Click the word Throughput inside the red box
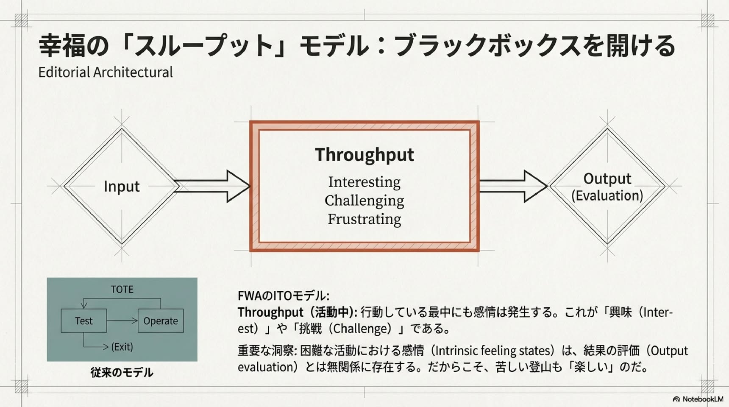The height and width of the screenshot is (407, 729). [x=364, y=155]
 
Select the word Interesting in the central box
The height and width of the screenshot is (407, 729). [x=364, y=182]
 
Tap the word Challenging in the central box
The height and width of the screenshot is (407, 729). [x=364, y=201]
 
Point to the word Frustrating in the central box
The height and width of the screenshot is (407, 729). [x=364, y=220]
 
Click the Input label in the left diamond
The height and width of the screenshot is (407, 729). [x=122, y=187]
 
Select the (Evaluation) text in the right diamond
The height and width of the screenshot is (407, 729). [x=607, y=196]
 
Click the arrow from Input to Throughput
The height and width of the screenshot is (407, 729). [x=212, y=186]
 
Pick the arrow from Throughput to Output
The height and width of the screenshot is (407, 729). [x=513, y=186]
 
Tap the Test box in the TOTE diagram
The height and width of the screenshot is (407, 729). [x=84, y=321]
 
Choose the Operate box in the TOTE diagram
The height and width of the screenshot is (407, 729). [x=161, y=321]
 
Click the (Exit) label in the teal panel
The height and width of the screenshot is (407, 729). [x=122, y=347]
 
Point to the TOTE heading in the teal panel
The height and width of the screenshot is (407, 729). [x=122, y=290]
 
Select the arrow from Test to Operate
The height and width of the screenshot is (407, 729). [x=122, y=321]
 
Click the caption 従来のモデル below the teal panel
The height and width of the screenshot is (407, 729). [x=122, y=373]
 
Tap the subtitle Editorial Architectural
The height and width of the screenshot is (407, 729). [x=106, y=72]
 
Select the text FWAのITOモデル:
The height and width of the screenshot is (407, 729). [x=283, y=295]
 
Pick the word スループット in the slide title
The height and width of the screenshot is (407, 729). [x=203, y=46]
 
